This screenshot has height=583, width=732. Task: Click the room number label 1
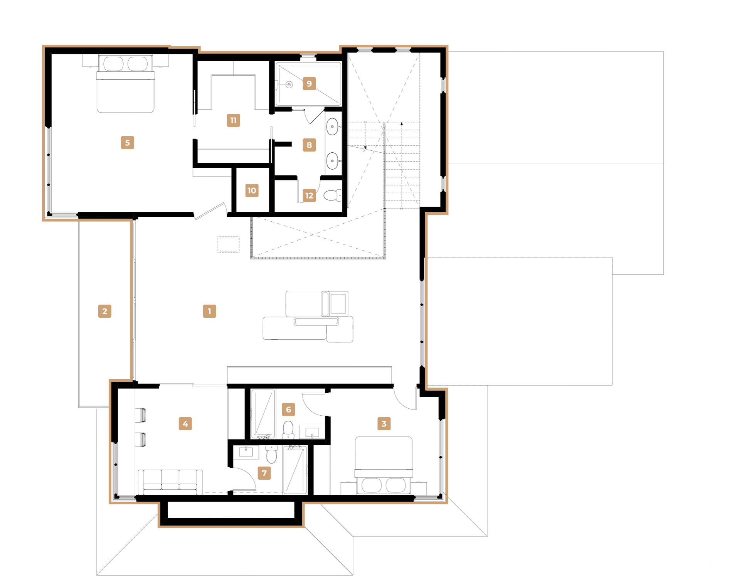point(209,311)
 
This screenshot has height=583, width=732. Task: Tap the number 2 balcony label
point(105,311)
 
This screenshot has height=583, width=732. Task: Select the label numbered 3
point(384,423)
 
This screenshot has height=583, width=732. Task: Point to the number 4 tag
point(185,423)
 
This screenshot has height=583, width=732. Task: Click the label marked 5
point(128,142)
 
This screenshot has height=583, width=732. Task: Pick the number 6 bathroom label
point(289,409)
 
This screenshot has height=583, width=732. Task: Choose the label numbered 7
point(264,473)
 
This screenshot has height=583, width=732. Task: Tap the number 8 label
point(309,145)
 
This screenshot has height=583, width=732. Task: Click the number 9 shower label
point(309,83)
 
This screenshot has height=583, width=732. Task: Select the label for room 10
point(252,190)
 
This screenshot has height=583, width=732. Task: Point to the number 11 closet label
point(233,120)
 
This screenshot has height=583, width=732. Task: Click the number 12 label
point(309,195)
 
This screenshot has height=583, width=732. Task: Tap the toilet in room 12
point(333,195)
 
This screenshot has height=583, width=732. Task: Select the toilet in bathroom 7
point(271,454)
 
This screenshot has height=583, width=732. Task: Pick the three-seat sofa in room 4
point(170,482)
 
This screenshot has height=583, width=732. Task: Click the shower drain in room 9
point(289,84)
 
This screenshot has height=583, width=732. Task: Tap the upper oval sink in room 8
point(332,126)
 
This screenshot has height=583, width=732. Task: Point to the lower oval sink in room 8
point(332,161)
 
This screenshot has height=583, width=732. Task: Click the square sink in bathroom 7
point(246,452)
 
